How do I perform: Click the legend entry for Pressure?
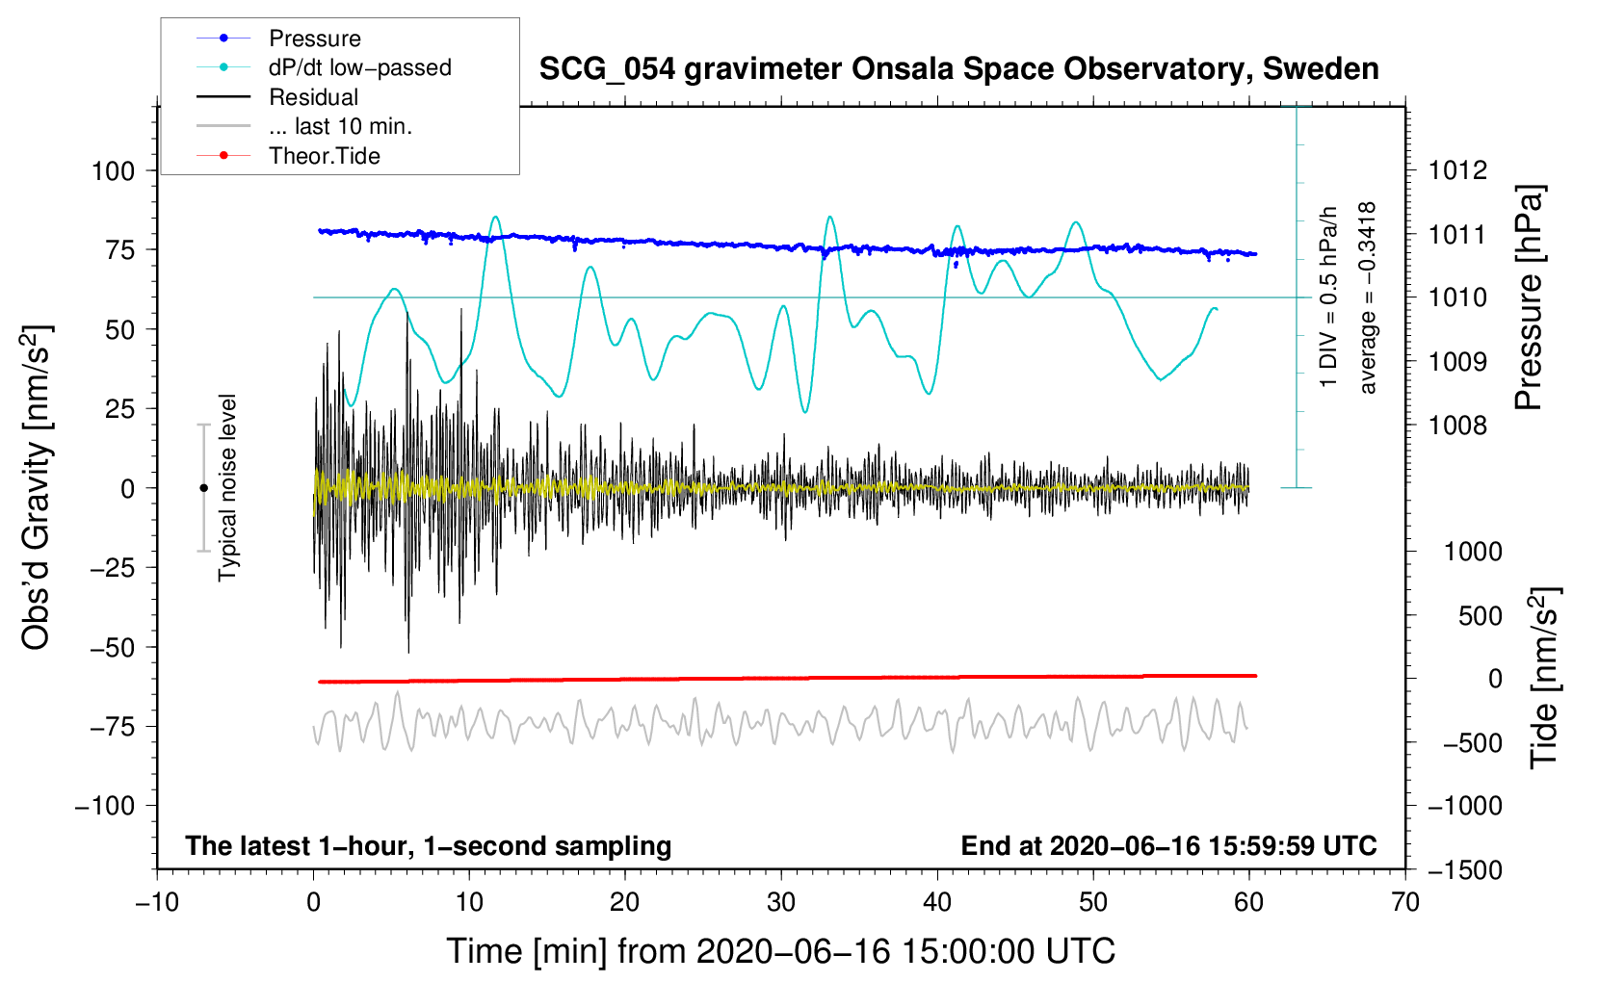(314, 39)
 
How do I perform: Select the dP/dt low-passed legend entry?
(359, 67)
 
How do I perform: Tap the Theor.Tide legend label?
(324, 156)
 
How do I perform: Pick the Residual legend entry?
(313, 97)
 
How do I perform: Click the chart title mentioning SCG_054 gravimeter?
(958, 69)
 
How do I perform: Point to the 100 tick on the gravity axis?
(113, 171)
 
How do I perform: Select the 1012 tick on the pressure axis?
(1457, 170)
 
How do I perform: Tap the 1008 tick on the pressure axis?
(1457, 426)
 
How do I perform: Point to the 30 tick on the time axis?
(781, 902)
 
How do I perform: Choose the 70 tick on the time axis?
(1405, 902)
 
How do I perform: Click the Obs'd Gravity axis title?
(37, 488)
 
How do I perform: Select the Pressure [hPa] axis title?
(1530, 298)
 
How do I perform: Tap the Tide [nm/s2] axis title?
(1544, 678)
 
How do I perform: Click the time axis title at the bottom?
(780, 951)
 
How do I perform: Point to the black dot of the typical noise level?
(203, 488)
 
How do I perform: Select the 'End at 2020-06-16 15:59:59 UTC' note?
(1168, 846)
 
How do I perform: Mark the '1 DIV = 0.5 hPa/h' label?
(1329, 297)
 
